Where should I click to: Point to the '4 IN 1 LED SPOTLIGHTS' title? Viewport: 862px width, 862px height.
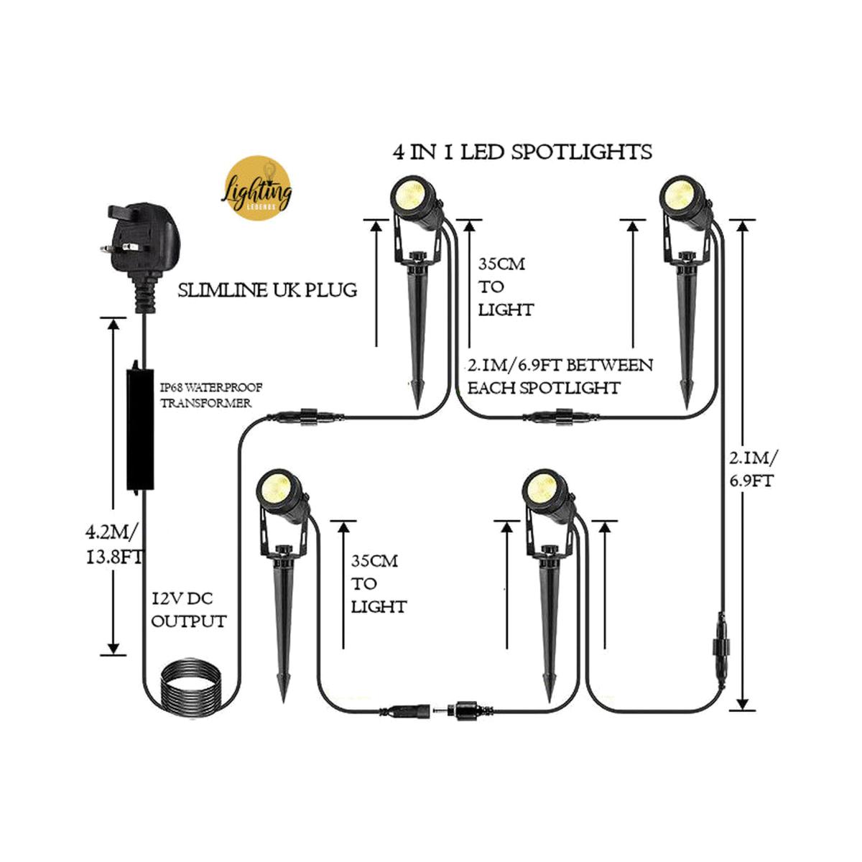(522, 152)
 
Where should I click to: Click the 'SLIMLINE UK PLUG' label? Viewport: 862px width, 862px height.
(267, 291)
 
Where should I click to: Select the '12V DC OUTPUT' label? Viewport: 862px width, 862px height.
(188, 610)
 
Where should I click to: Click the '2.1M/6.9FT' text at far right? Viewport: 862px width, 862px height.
(751, 468)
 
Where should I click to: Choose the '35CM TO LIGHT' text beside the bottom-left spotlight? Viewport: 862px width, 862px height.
(378, 583)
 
